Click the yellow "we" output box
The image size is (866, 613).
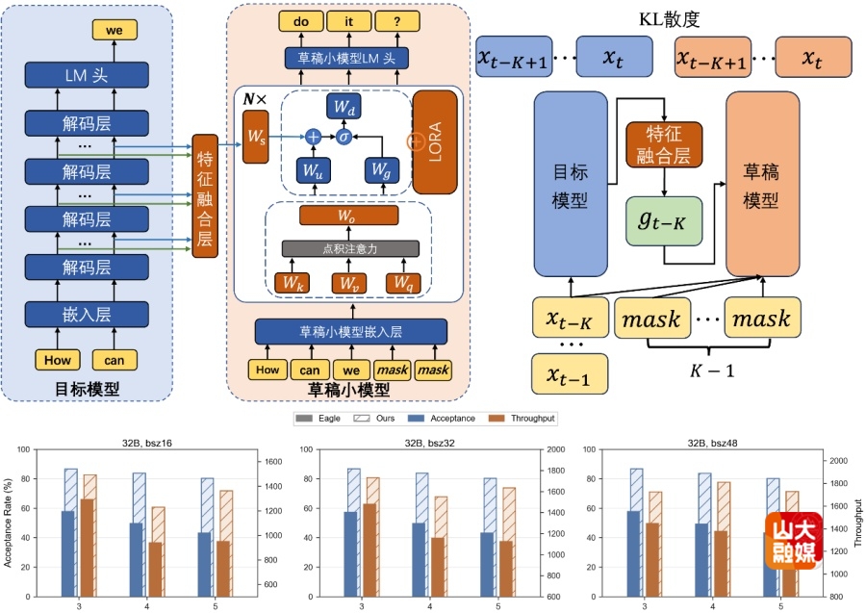click(x=115, y=30)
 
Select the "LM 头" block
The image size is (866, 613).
click(x=87, y=75)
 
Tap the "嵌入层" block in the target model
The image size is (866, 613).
click(x=87, y=315)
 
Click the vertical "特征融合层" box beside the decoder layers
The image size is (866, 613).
click(x=205, y=196)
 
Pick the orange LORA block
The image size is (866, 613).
click(x=435, y=141)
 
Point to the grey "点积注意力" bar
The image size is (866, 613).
click(x=350, y=248)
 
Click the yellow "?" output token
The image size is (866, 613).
click(x=397, y=21)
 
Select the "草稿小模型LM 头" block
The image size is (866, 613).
click(x=346, y=58)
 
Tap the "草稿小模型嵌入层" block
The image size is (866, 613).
click(x=350, y=331)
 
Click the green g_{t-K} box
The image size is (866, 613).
click(x=664, y=221)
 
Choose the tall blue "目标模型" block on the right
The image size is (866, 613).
click(x=571, y=184)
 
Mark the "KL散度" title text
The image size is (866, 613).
click(x=670, y=19)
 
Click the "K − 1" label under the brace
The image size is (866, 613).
click(x=712, y=370)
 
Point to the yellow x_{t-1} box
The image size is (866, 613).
click(x=570, y=374)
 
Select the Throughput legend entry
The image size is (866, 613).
click(x=522, y=418)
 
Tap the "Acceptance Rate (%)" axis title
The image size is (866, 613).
click(x=8, y=523)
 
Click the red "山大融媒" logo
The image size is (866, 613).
click(x=794, y=541)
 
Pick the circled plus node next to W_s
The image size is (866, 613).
click(x=313, y=137)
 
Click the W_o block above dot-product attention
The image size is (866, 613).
click(x=348, y=216)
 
